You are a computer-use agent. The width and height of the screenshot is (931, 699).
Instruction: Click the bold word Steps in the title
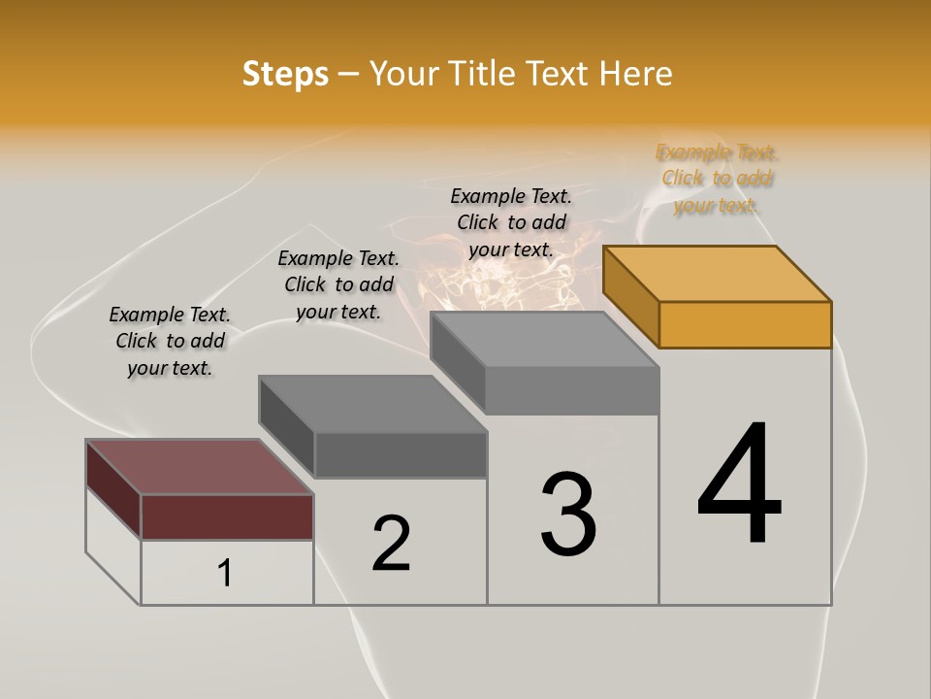[x=285, y=74]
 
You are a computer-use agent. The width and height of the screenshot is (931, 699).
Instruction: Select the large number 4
[x=739, y=485]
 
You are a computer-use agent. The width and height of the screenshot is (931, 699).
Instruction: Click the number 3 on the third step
[x=568, y=515]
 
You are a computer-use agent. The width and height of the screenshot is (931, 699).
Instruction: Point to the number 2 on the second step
[x=392, y=544]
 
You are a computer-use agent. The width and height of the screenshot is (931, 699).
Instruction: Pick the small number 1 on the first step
[x=225, y=574]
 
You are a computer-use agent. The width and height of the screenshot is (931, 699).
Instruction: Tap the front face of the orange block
[x=745, y=324]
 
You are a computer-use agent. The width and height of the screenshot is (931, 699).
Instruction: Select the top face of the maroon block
[x=199, y=467]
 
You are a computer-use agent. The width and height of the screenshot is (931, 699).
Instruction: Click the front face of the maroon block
[x=227, y=516]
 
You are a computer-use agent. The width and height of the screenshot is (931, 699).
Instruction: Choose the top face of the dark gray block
[x=372, y=404]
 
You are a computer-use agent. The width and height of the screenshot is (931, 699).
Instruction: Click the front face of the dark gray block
[x=401, y=454]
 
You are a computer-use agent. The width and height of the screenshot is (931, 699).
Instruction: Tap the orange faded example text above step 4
[x=717, y=179]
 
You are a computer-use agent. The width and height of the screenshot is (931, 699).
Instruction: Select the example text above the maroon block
[x=170, y=341]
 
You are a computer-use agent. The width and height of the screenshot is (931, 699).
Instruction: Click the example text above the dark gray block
[x=338, y=284]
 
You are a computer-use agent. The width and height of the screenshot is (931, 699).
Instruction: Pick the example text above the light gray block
[x=511, y=222]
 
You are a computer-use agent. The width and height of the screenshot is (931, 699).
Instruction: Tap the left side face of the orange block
[x=630, y=295]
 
